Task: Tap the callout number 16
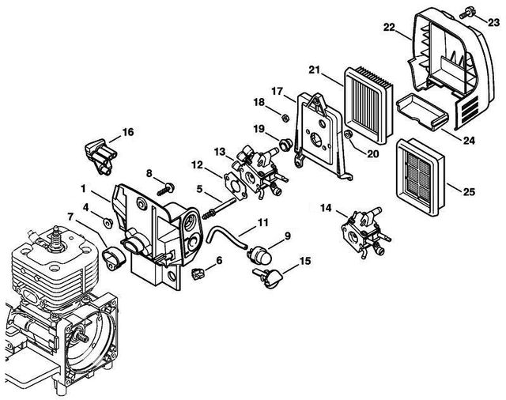point(128,131)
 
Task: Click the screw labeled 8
point(167,187)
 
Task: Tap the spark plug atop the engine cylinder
point(56,235)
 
